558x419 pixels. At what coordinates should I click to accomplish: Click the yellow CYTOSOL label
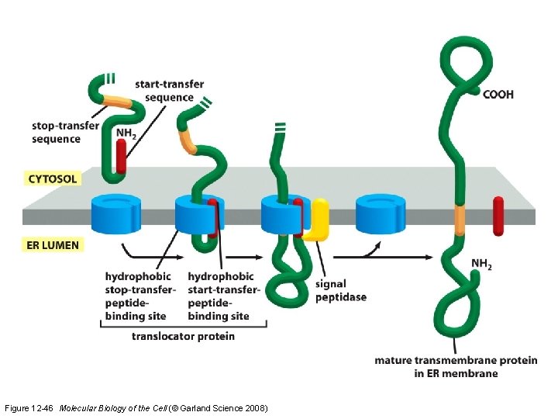pos(53,178)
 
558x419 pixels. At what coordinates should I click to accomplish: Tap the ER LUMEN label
pos(53,244)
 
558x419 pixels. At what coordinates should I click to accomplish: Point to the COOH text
pos(498,95)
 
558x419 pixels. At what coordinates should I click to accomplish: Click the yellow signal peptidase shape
pos(318,219)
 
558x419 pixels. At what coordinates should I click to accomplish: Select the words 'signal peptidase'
pos(341,290)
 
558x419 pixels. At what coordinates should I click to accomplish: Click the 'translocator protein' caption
pos(183,336)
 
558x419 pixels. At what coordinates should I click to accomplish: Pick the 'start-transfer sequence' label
pos(164,91)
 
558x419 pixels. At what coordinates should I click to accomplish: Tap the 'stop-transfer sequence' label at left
pos(56,132)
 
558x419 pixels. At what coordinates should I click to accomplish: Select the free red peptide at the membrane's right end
pos(498,215)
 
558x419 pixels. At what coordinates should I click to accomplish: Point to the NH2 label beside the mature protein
pos(481,265)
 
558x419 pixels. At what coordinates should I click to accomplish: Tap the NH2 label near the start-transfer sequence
pos(126,133)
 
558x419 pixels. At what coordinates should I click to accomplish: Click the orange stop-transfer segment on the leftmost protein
pos(119,100)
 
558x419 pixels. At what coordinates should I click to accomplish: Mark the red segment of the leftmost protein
pos(121,156)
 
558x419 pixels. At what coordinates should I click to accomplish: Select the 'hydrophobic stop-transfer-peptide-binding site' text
pos(140,296)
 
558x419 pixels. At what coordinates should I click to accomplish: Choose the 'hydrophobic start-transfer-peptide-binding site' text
pos(220,296)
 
